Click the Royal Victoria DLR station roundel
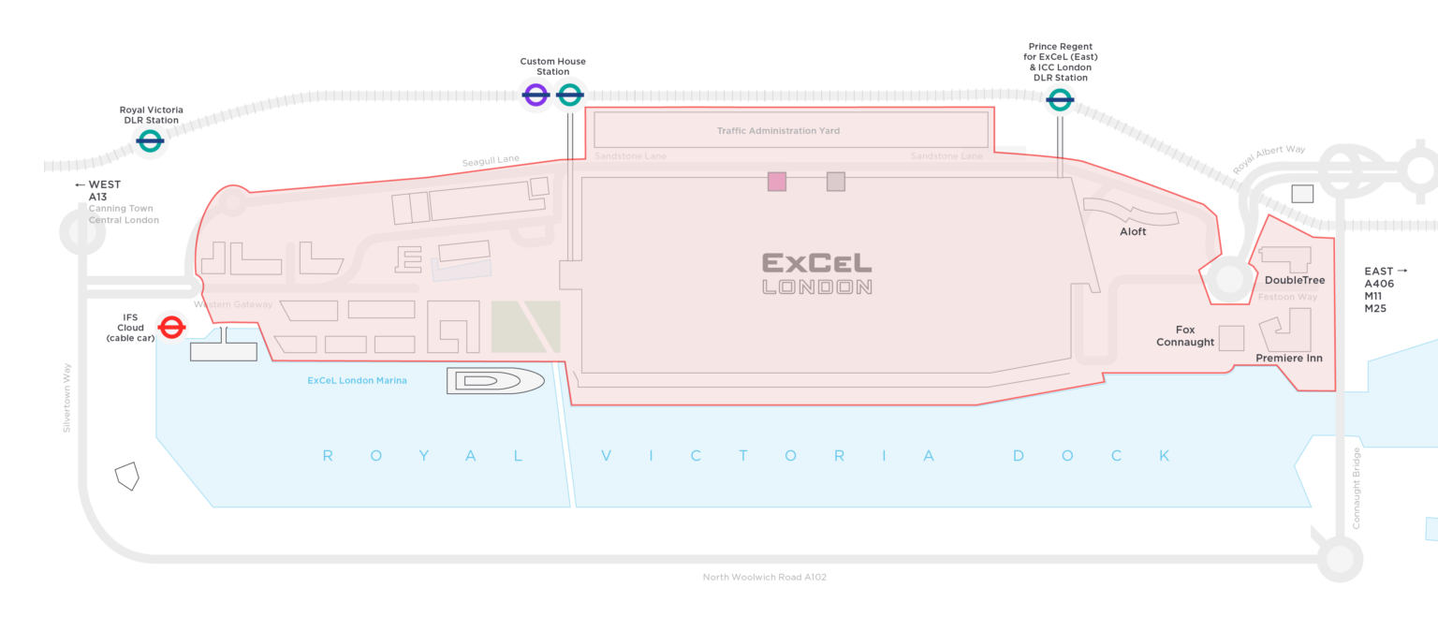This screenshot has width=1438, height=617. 150,141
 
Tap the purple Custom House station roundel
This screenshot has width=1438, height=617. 536,95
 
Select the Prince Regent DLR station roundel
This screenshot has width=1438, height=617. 1059,99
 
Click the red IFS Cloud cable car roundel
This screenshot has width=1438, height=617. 170,327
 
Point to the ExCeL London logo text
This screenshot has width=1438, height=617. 816,272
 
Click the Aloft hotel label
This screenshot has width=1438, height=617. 1132,231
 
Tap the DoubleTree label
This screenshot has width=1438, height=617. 1295,280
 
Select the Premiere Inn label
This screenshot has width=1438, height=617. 1288,359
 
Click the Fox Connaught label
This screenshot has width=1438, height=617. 1185,336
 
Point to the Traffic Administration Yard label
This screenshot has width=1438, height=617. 778,131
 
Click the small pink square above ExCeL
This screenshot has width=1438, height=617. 776,182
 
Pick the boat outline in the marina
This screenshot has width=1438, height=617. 494,380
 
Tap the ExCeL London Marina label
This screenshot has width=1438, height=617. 357,380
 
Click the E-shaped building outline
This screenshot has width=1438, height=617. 407,259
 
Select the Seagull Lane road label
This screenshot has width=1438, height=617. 490,161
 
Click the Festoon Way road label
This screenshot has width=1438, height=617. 1287,297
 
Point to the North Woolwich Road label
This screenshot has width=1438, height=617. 764,577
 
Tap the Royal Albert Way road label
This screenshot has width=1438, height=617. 1268,159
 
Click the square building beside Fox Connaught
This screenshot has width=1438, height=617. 1231,338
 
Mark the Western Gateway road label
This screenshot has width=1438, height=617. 233,304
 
